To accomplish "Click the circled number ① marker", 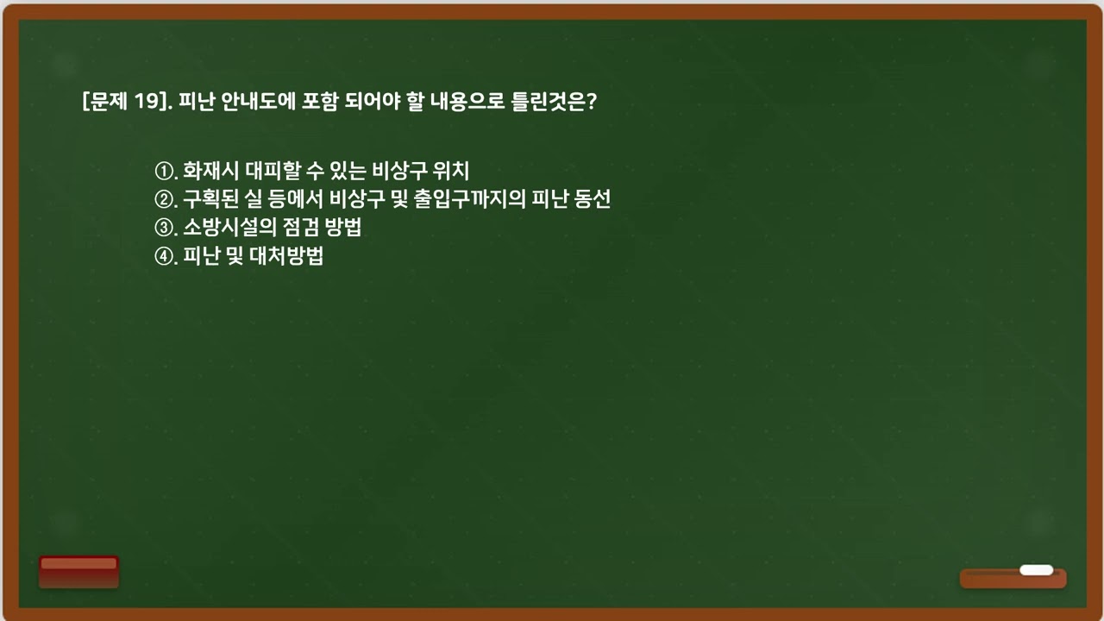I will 164,171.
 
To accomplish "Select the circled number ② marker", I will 164,200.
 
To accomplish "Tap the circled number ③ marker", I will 164,229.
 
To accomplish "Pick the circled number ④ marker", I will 164,257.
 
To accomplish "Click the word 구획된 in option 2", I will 209,200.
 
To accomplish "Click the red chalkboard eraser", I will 78,571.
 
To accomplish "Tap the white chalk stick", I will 1036,570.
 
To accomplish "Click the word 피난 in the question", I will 198,102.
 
